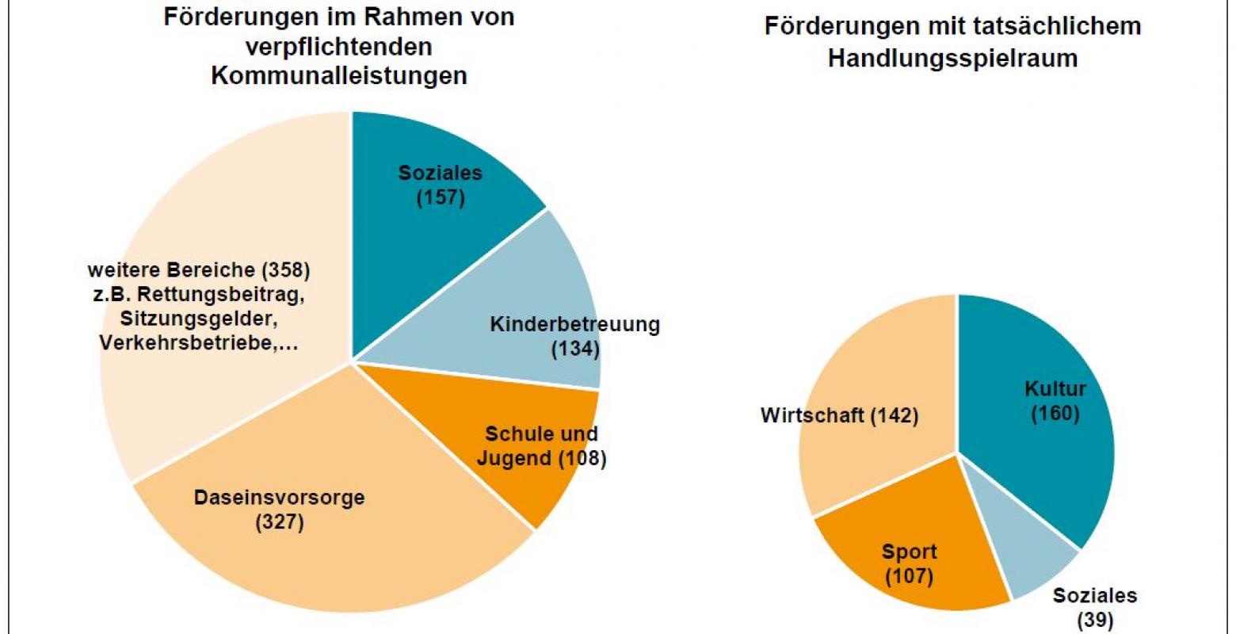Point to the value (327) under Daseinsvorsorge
point(280,522)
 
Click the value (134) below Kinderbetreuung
point(575,348)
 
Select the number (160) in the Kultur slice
point(1055,413)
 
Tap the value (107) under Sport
point(909,576)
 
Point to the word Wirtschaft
point(811,415)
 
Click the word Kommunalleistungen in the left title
point(338,76)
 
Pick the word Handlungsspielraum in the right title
point(952,59)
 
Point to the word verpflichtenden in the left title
point(338,47)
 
